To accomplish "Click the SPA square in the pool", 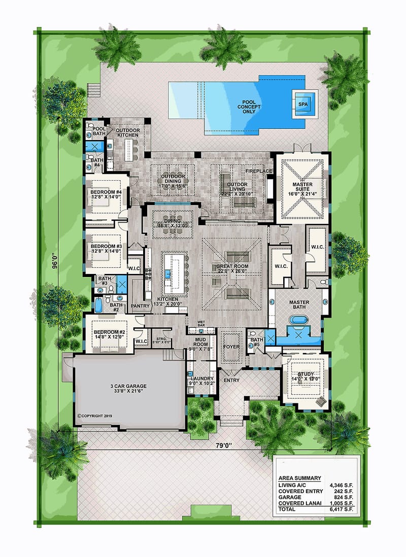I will point(303,104).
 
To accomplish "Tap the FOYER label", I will point(231,347).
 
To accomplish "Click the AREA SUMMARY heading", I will point(299,478).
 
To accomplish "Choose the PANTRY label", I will point(140,306).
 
